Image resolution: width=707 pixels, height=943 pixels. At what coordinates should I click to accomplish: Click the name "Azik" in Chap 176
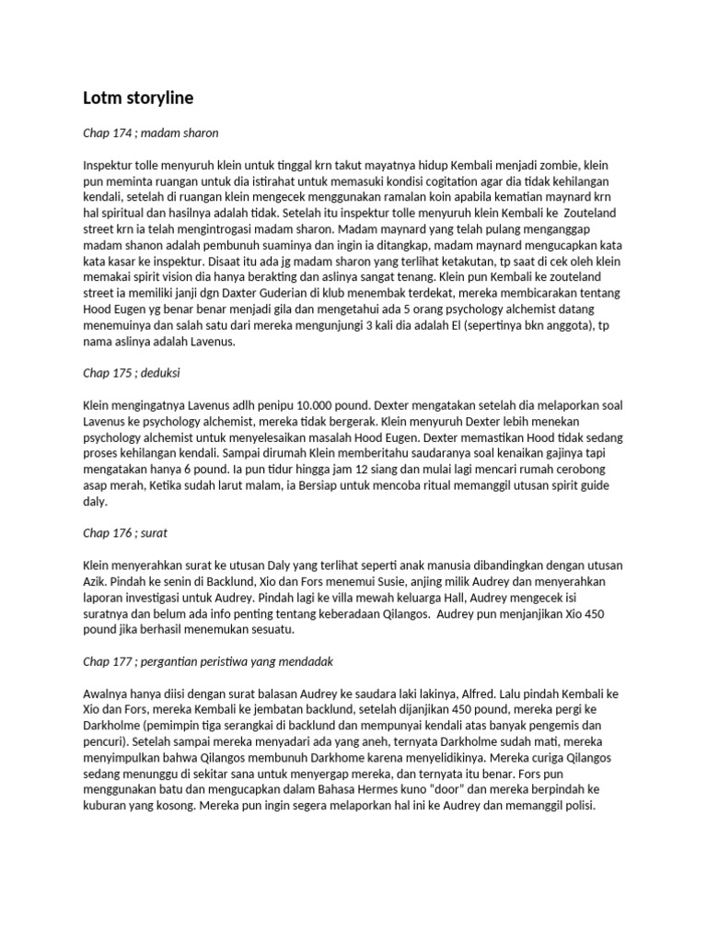(x=97, y=578)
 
